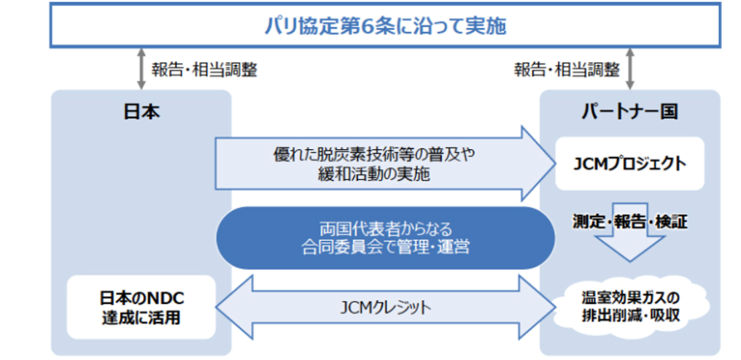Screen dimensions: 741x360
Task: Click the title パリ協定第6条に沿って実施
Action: pyautogui.click(x=386, y=26)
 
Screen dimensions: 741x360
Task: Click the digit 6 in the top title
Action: pyautogui.click(x=367, y=26)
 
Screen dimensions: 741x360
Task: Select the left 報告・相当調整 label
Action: pyautogui.click(x=204, y=70)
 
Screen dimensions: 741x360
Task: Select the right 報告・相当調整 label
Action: pyautogui.click(x=567, y=70)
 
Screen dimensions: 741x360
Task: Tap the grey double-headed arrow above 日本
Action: pyautogui.click(x=142, y=69)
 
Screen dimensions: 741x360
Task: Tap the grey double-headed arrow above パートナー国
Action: pyautogui.click(x=630, y=69)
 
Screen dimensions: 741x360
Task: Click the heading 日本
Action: pyautogui.click(x=142, y=111)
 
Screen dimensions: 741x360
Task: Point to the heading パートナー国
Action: pyautogui.click(x=630, y=111)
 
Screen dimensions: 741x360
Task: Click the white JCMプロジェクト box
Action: pyautogui.click(x=630, y=163)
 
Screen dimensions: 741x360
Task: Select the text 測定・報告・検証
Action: pyautogui.click(x=630, y=221)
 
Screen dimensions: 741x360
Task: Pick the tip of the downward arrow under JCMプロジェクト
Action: pyautogui.click(x=630, y=261)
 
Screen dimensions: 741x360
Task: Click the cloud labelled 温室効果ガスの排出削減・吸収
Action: pyautogui.click(x=631, y=307)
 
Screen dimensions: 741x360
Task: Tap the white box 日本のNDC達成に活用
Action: pyautogui.click(x=142, y=307)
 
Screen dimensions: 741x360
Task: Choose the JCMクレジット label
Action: pyautogui.click(x=386, y=308)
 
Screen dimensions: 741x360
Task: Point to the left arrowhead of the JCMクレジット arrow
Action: pyautogui.click(x=217, y=307)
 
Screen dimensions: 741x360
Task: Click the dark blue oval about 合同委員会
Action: pyautogui.click(x=386, y=238)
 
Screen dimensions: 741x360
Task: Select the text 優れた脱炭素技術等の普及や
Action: pyautogui.click(x=374, y=154)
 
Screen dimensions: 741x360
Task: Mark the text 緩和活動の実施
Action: pyautogui.click(x=374, y=174)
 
